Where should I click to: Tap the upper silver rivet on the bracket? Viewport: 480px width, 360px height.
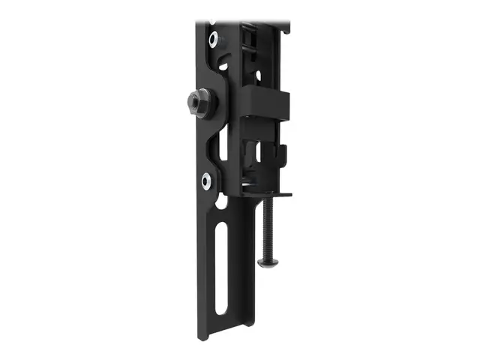click(x=214, y=37)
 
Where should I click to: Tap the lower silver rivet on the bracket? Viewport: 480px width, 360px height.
click(x=206, y=179)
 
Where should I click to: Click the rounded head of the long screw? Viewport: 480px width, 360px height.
click(x=268, y=262)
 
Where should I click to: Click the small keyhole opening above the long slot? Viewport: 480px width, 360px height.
click(x=223, y=202)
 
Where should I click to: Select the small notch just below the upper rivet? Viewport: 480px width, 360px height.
click(x=222, y=65)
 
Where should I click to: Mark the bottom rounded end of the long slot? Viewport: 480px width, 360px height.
click(x=219, y=310)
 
